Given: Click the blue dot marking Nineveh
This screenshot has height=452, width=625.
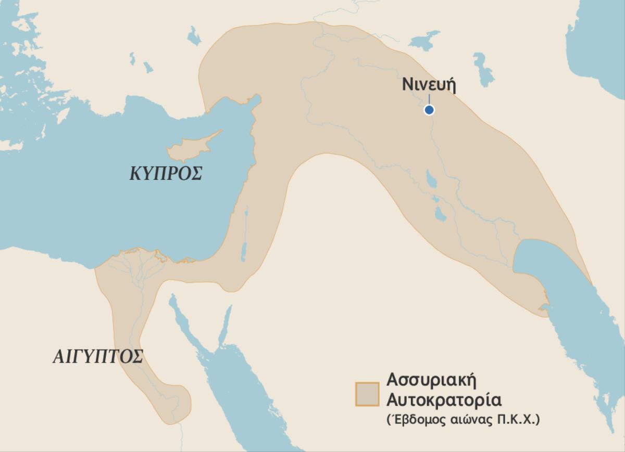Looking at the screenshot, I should pyautogui.click(x=429, y=110).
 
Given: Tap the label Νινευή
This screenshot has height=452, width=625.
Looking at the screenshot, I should pyautogui.click(x=429, y=85).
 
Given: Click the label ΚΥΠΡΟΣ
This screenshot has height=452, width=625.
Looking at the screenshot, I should pyautogui.click(x=166, y=174).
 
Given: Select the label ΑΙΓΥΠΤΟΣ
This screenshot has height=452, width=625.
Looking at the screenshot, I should pyautogui.click(x=98, y=357).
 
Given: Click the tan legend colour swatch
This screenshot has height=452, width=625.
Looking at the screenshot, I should pyautogui.click(x=367, y=394).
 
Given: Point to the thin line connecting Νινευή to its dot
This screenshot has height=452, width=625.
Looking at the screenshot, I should pyautogui.click(x=429, y=99).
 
